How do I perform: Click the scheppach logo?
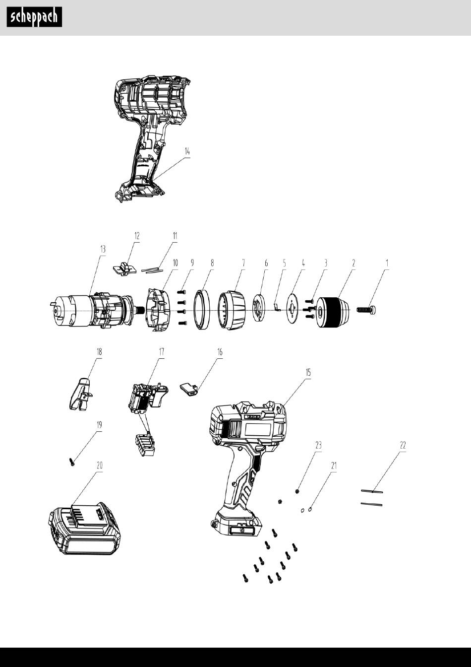[x=34, y=17]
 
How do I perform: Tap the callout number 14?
[x=187, y=151]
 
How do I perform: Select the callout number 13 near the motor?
[x=103, y=249]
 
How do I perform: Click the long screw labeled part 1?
[x=366, y=310]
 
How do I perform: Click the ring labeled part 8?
[x=202, y=310]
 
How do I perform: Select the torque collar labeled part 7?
[x=232, y=310]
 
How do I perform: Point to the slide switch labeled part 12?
[x=124, y=269]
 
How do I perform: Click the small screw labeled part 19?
[x=72, y=462]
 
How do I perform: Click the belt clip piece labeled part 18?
[x=81, y=394]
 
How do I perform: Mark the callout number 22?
[x=403, y=445]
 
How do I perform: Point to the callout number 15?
[x=308, y=372]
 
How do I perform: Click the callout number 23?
[x=318, y=445]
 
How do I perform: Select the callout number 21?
[x=334, y=466]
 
